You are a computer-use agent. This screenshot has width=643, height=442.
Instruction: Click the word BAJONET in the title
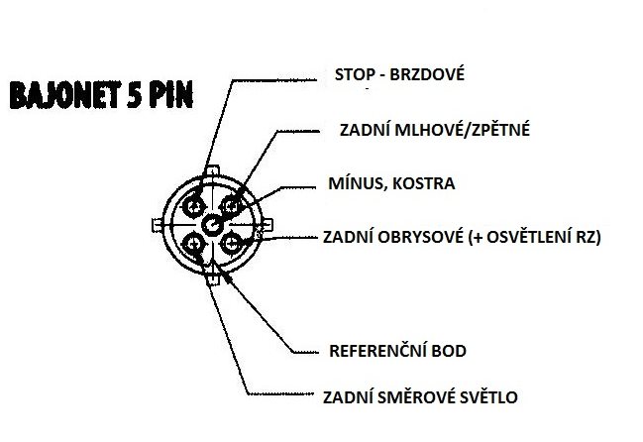[x=65, y=95]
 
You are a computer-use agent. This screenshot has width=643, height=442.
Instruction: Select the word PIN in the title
[x=171, y=95]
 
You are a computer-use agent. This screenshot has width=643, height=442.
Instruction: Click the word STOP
[x=355, y=74]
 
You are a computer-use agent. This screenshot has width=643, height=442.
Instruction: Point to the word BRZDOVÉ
[x=427, y=73]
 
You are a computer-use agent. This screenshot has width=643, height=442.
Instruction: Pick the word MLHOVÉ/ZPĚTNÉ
[x=462, y=129]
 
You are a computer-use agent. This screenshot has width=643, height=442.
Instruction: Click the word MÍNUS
[x=357, y=183]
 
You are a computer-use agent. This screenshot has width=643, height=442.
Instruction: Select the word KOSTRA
[x=424, y=183]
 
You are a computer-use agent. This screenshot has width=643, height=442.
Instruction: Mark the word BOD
[x=449, y=351]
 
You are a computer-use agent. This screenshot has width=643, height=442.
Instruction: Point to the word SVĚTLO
[x=489, y=396]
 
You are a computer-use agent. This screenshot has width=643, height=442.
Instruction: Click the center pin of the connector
[x=212, y=224]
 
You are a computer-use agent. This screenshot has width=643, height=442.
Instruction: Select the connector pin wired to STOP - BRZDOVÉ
[x=193, y=206]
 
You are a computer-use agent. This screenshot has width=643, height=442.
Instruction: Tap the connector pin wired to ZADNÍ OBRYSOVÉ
[x=231, y=244]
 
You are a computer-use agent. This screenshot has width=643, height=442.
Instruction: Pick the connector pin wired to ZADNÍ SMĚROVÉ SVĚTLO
[x=193, y=244]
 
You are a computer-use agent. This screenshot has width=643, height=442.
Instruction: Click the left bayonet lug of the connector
[x=159, y=224]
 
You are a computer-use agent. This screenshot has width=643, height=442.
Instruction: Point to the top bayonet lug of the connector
[x=212, y=170]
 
